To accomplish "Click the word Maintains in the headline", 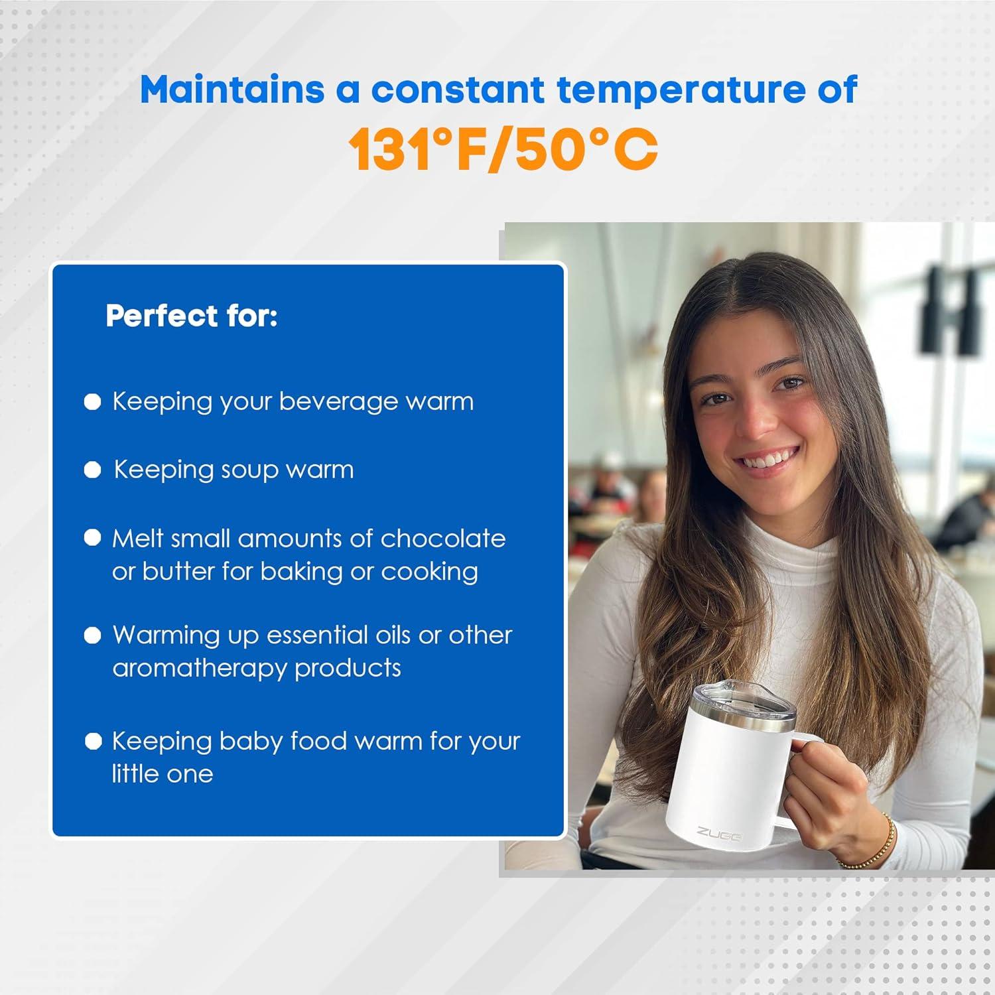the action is tap(232, 90).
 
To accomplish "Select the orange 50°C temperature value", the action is tap(586, 149).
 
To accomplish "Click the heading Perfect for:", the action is tap(192, 316).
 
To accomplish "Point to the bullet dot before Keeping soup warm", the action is tap(93, 470).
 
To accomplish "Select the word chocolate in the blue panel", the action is tap(443, 538).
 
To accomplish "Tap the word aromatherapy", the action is tap(200, 668).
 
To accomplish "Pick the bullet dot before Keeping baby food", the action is tap(93, 742).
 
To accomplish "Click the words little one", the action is tap(163, 773).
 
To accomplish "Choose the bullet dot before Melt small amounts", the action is tap(93, 538).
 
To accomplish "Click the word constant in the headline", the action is tap(458, 90).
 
